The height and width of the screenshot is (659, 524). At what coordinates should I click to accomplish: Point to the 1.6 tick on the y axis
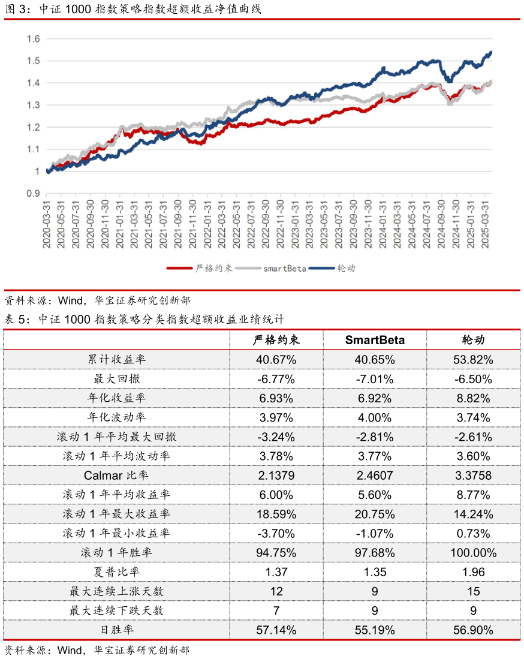33,39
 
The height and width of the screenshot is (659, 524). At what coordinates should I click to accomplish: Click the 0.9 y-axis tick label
33,194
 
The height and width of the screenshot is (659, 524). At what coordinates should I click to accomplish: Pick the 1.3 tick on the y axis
33,106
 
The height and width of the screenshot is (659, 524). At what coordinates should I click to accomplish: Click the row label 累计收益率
116,360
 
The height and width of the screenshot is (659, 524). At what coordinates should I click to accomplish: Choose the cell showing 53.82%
473,360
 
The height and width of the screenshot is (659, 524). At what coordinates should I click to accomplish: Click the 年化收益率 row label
116,398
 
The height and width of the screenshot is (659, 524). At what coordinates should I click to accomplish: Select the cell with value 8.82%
473,398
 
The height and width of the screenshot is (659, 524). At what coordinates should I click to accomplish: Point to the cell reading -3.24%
276,437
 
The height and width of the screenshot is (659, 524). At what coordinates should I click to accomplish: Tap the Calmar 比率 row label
116,476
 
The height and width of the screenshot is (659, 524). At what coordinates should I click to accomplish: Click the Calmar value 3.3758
473,476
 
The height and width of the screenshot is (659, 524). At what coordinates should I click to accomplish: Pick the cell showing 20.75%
375,514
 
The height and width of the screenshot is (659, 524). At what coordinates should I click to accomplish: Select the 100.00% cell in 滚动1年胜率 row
473,553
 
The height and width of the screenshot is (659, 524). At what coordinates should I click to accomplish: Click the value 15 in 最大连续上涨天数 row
473,591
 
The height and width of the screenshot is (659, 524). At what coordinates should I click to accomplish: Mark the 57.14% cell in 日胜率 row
276,630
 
